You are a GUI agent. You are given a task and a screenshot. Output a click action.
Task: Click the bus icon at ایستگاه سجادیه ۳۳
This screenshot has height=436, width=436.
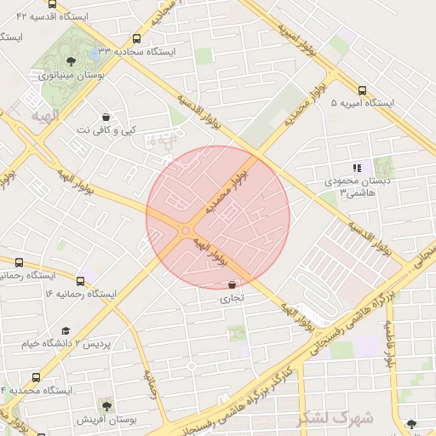(137, 38)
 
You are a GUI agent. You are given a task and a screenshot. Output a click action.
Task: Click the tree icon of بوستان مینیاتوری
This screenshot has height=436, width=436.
(71, 61)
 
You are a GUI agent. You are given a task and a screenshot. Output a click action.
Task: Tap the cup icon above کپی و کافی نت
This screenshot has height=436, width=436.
(106, 117)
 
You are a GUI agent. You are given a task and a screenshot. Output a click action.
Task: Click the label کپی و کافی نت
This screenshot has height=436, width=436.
(106, 130)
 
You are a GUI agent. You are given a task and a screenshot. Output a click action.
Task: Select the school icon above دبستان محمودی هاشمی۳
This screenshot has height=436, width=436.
(357, 168)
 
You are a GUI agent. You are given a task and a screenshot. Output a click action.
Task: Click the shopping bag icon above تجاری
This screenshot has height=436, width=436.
(232, 284)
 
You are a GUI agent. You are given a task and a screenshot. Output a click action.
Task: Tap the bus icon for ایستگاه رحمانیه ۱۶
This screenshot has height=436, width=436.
(81, 280)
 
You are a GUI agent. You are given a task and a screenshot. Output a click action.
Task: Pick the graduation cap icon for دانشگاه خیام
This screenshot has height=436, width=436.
(66, 330)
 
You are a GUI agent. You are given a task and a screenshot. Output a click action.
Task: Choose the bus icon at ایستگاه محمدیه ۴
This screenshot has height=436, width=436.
(36, 377)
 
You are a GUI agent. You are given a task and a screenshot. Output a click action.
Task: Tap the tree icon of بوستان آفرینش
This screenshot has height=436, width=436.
(107, 406)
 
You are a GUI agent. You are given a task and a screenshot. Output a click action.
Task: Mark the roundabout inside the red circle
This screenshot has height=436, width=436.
(186, 231)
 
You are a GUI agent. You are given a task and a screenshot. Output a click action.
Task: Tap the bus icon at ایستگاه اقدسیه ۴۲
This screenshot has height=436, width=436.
(53, 4)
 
